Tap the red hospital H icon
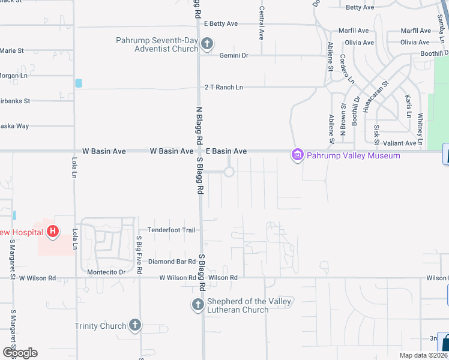pyautogui.click(x=53, y=231)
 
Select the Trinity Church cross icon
pyautogui.click(x=134, y=325)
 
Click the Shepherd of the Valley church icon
pyautogui.click(x=198, y=305)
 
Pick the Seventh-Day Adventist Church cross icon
pyautogui.click(x=206, y=44)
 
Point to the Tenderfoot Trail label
pyautogui.click(x=172, y=230)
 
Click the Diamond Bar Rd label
pyautogui.click(x=172, y=262)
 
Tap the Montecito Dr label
pyautogui.click(x=105, y=272)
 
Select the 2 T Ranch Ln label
pyautogui.click(x=223, y=87)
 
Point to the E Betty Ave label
pyautogui.click(x=221, y=24)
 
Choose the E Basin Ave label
pyautogui.click(x=226, y=151)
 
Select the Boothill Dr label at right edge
pyautogui.click(x=432, y=53)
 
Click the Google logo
pyautogui.click(x=20, y=353)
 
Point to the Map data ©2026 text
pyautogui.click(x=423, y=355)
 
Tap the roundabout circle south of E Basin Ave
pyautogui.click(x=229, y=172)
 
